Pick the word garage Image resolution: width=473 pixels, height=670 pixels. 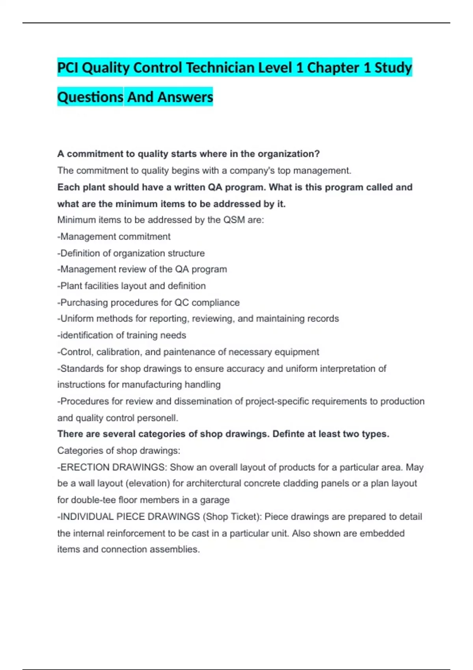(x=215, y=500)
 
